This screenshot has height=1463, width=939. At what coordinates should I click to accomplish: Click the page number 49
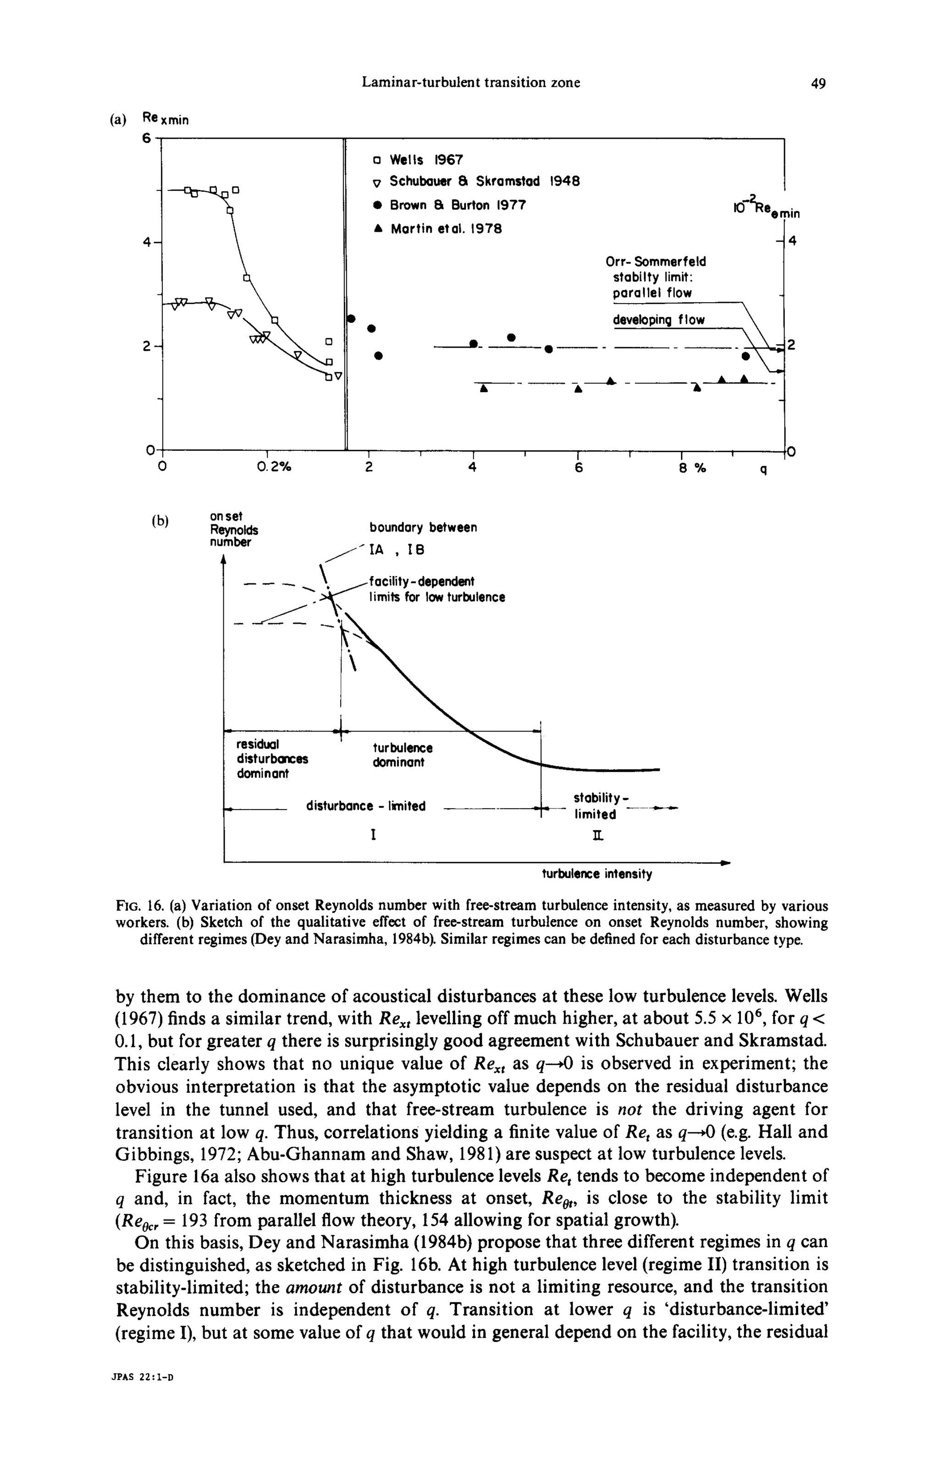818,83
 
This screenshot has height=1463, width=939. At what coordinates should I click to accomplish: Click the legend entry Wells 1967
425,160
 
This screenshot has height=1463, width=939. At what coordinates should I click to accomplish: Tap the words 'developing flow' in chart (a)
658,320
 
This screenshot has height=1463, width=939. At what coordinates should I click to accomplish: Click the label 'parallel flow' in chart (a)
652,293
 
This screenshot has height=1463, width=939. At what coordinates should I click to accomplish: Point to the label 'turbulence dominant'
403,755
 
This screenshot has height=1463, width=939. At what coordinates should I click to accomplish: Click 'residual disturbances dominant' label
272,759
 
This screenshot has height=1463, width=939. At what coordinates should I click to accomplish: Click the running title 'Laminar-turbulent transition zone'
471,83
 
